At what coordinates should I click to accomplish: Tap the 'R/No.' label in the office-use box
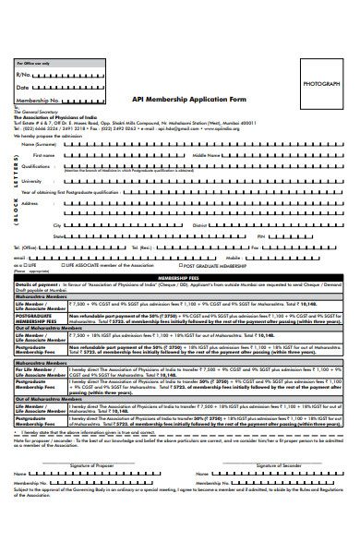point(24,74)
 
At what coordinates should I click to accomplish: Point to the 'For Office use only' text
point(31,62)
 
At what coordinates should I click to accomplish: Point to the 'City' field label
point(57,224)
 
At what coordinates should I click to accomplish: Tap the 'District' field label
point(200,224)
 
